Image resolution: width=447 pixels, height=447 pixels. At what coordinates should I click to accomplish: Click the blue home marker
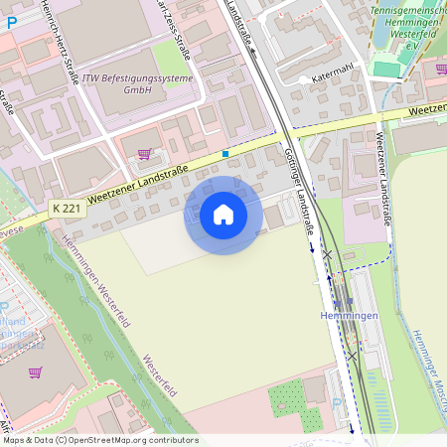(x=223, y=215)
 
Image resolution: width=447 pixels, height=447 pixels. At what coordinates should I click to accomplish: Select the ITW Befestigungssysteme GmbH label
(x=123, y=82)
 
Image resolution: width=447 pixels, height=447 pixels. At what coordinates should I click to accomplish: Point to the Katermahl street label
(x=334, y=76)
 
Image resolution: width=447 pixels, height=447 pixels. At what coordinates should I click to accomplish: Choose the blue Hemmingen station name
(x=349, y=315)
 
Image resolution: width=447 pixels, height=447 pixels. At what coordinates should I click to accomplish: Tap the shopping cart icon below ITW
(x=145, y=154)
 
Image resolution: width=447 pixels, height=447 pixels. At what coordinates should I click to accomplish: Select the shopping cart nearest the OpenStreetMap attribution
(x=36, y=372)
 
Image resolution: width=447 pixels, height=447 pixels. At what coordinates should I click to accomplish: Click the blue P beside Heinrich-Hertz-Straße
(x=12, y=21)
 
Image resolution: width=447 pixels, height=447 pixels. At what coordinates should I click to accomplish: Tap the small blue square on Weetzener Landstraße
(x=225, y=153)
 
